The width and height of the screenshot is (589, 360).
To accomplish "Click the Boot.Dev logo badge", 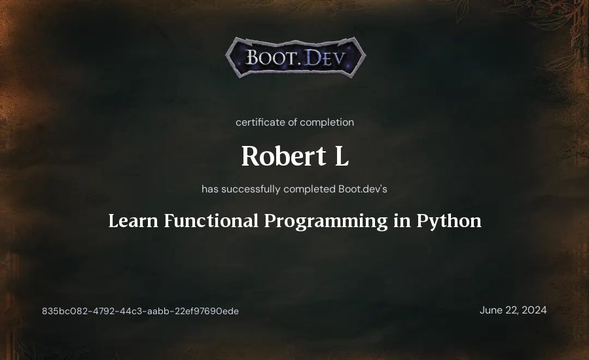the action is click(296, 57).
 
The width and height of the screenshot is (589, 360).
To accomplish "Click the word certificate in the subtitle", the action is click(260, 122).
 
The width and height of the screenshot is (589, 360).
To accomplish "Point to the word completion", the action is click(327, 122).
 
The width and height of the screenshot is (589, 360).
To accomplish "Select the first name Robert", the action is click(283, 156).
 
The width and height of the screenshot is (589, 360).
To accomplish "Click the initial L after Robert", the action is click(342, 156).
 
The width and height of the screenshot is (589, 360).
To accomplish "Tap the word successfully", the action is click(251, 189).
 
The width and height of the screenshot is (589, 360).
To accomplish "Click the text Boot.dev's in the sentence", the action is click(363, 189).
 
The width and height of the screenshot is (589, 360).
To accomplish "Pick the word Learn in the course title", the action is click(133, 221).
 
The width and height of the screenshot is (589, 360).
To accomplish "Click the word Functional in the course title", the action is click(211, 221).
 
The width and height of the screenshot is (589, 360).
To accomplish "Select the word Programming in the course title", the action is click(326, 221).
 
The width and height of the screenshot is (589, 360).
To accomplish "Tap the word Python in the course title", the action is click(449, 221).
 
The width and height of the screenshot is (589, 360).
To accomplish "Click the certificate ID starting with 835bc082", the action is click(140, 311).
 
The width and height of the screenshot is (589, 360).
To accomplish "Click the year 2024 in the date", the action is click(534, 310).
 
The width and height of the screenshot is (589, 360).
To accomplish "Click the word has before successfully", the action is click(210, 189).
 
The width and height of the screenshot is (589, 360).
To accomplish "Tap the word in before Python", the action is click(402, 221).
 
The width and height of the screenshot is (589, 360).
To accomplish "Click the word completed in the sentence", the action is click(310, 189).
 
